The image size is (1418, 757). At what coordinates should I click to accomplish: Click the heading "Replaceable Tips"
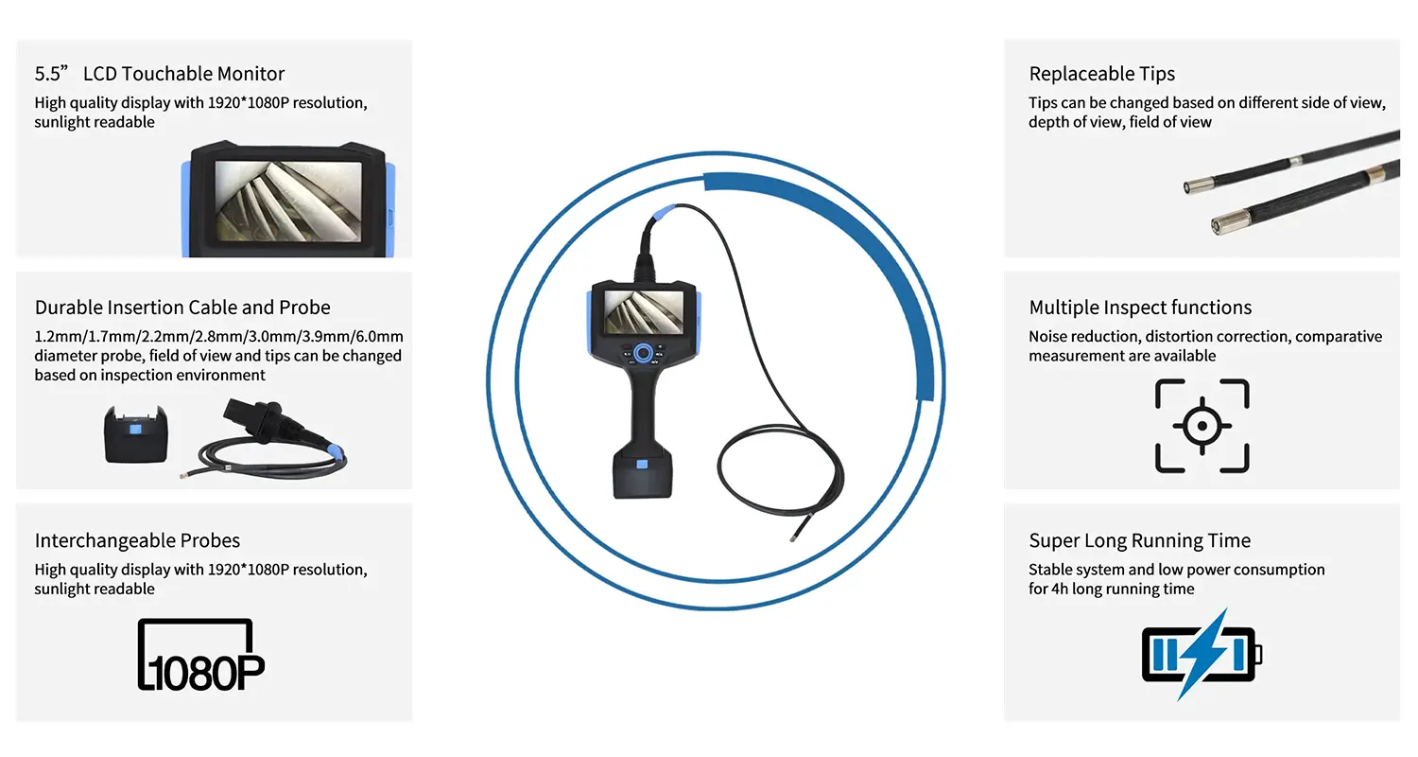[1101, 74]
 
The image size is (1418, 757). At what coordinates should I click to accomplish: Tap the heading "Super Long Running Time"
[1139, 540]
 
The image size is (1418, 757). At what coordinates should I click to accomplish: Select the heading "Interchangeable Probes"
[137, 540]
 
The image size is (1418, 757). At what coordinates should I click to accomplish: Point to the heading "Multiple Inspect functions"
[1140, 308]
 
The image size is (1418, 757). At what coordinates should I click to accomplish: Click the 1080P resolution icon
[201, 655]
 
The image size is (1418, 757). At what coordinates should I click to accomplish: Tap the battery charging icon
[1202, 655]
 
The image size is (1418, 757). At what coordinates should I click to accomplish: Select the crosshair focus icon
[1202, 426]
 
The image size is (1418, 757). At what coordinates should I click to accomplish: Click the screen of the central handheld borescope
[644, 312]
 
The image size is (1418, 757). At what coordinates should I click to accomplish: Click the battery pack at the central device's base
[642, 475]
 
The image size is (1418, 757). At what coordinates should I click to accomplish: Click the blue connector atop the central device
[664, 213]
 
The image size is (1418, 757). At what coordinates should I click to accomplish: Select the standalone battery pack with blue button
[135, 434]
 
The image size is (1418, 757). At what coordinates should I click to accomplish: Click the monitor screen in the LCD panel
[288, 201]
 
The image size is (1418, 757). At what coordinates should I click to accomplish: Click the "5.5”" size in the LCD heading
[51, 74]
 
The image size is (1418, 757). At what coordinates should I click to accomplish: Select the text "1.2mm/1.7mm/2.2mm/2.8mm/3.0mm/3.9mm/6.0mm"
[219, 336]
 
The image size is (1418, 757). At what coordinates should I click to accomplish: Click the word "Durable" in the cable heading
[68, 308]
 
